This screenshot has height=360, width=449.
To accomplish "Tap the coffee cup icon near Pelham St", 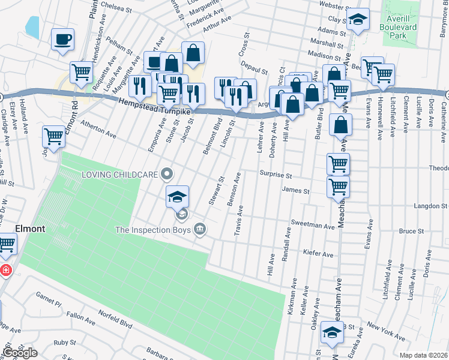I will click(x=62, y=41).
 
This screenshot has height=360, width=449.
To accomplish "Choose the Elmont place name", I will click(x=30, y=229).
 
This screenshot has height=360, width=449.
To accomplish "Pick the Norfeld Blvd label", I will click(x=116, y=323).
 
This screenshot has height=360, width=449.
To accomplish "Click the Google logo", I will click(x=20, y=353).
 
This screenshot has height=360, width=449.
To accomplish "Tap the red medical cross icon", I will click(x=5, y=271).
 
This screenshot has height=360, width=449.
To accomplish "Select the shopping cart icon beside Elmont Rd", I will click(x=54, y=137).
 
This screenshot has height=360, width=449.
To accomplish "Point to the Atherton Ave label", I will click(x=98, y=129).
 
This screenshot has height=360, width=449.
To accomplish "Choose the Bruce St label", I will click(x=411, y=231).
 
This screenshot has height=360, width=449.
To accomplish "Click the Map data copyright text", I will click(x=423, y=355).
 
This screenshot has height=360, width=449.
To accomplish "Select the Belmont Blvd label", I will click(x=212, y=137).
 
